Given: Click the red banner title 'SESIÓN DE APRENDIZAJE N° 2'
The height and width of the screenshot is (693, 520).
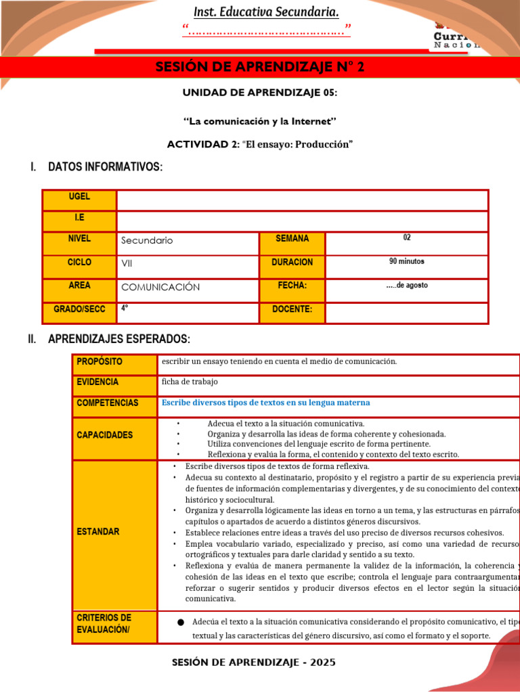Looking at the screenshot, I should [260, 67].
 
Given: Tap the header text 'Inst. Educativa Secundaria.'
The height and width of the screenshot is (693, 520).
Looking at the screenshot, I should [266, 12].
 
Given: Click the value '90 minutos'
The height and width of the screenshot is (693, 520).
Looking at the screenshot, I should [406, 261].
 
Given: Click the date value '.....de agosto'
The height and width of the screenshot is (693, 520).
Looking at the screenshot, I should [406, 285].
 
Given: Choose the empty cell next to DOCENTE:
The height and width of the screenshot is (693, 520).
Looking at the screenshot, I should [406, 313].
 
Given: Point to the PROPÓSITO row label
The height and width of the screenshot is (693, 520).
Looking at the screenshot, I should [100, 361].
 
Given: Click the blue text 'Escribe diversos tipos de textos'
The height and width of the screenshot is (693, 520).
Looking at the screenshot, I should [265, 403].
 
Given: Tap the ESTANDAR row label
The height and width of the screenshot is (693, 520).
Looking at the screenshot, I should [97, 531].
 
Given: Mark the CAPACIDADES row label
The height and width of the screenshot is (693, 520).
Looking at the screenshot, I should [104, 435].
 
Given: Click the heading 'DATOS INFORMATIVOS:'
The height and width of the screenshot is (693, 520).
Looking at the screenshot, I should [105, 166].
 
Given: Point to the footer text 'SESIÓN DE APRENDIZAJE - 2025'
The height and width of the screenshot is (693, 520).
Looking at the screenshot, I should [254, 663].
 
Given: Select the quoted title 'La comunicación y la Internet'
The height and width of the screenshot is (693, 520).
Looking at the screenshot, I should [261, 121].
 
